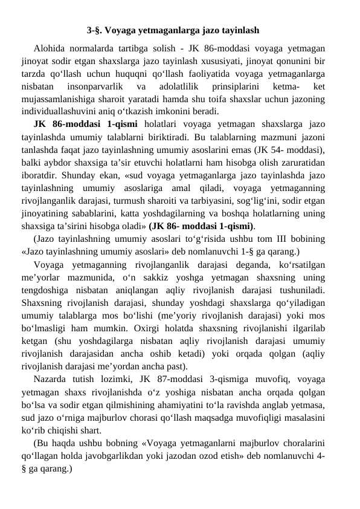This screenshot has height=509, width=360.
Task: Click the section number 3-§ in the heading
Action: [x=94, y=29]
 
